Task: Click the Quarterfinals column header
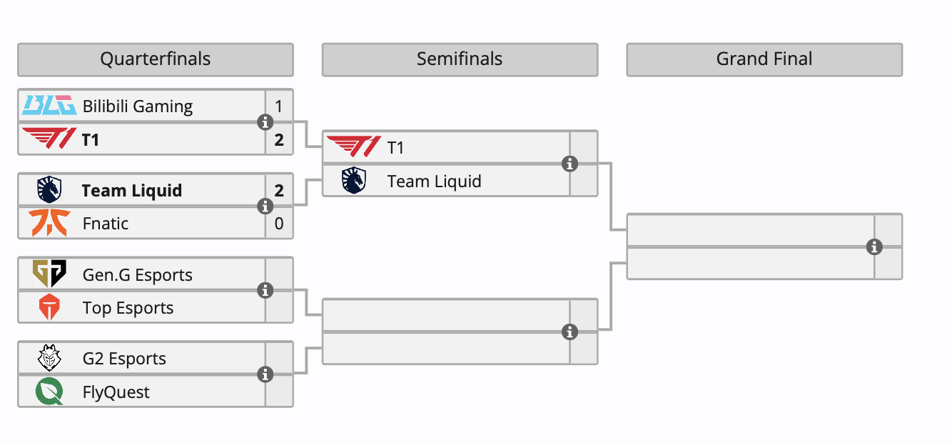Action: click(155, 59)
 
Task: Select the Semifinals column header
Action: click(460, 59)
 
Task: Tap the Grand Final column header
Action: click(764, 59)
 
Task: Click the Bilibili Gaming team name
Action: click(138, 106)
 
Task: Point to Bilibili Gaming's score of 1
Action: click(279, 106)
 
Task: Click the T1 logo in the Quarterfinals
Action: click(49, 139)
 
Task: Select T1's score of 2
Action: click(279, 140)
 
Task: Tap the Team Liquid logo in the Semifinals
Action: click(354, 181)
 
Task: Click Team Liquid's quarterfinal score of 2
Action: click(279, 191)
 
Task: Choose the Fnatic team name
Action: click(106, 224)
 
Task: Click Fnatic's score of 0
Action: click(279, 224)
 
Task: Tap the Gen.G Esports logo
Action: click(49, 274)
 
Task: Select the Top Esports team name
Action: click(128, 308)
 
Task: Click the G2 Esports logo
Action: click(49, 358)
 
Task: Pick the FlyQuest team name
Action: click(116, 392)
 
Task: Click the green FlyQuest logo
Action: click(49, 392)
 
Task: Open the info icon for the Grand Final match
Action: click(874, 247)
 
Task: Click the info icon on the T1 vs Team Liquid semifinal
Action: click(569, 164)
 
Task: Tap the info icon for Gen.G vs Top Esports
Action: click(265, 291)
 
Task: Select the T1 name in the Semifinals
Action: click(395, 148)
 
